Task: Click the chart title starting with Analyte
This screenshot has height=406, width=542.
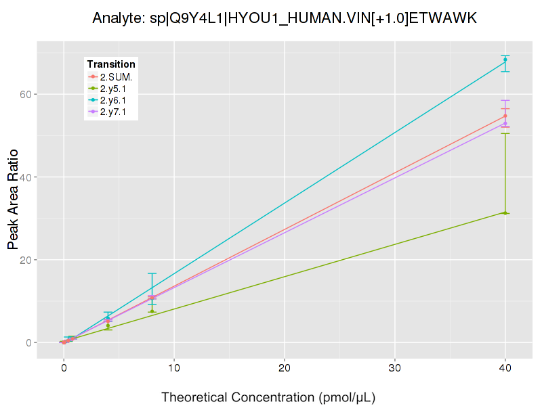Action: [x=285, y=18]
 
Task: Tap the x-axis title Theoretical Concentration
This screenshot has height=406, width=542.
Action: [x=268, y=397]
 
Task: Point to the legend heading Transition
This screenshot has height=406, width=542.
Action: [x=111, y=64]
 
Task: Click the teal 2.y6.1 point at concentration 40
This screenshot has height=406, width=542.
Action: [x=505, y=60]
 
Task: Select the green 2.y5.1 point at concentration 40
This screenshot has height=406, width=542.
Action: [x=505, y=213]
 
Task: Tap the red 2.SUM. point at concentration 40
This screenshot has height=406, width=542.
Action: [x=505, y=116]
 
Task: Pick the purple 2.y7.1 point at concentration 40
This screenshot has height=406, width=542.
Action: [x=505, y=123]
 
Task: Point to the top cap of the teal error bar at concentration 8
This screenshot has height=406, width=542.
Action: [x=152, y=273]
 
